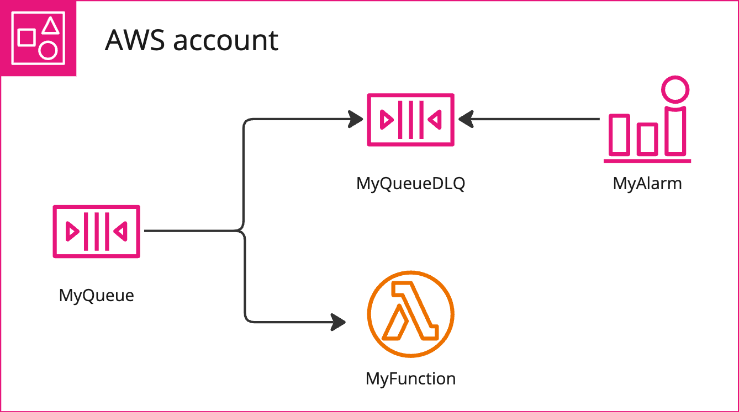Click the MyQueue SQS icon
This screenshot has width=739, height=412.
click(x=96, y=231)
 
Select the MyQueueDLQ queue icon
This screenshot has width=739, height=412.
click(x=410, y=119)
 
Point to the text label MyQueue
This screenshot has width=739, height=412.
click(x=97, y=296)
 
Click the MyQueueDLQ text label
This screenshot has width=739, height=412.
click(x=410, y=183)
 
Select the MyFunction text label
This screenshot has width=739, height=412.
click(x=410, y=379)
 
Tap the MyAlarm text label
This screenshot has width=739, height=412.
click(x=647, y=183)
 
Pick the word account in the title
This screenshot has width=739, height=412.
click(x=226, y=40)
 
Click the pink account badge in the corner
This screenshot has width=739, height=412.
click(x=38, y=38)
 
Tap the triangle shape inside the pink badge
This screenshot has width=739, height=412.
click(x=51, y=25)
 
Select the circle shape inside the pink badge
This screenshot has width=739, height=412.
click(x=48, y=50)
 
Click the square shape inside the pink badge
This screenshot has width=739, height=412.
click(x=27, y=38)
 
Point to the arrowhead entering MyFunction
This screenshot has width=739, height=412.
click(x=339, y=322)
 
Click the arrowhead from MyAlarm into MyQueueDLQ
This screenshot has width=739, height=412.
click(x=467, y=119)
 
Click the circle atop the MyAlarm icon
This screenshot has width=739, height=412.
click(x=675, y=90)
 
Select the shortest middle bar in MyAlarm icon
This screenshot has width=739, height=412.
click(x=647, y=138)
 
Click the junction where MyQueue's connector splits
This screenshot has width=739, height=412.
click(x=243, y=231)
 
